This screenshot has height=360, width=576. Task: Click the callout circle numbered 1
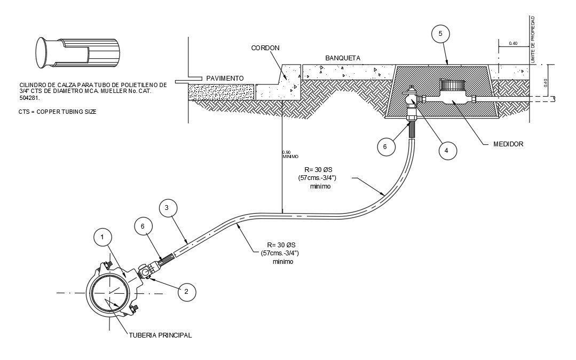pos(102,236)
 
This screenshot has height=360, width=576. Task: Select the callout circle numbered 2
pos(186,291)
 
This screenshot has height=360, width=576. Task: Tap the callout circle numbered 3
pos(167,208)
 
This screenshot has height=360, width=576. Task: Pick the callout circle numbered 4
pos(447,151)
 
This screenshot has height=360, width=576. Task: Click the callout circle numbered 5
pos(440,34)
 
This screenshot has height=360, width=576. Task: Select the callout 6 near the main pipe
pos(143,226)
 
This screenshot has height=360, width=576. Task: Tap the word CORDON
pos(265,48)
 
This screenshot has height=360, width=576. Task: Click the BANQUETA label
pos(343,57)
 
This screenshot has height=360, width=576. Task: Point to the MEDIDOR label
pos(508,144)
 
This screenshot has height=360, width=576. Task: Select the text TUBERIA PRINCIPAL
pos(160,335)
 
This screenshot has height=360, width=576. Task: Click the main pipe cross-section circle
pos(109,294)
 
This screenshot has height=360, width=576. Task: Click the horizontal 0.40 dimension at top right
pos(513,43)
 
